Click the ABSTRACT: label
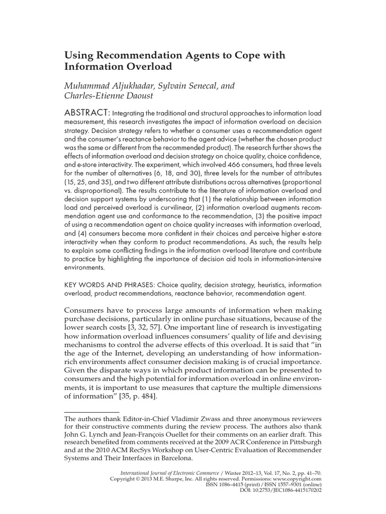pyautogui.click(x=86, y=112)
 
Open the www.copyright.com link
pyautogui.click(x=299, y=480)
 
